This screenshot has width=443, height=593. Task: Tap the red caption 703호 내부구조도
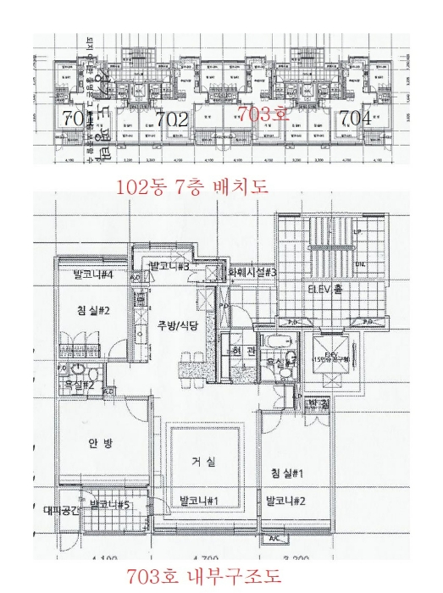pyautogui.click(x=204, y=578)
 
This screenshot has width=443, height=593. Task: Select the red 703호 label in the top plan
pyautogui.click(x=263, y=114)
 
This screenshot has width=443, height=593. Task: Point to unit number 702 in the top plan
pyautogui.click(x=172, y=119)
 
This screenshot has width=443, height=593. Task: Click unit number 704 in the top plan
pyautogui.click(x=355, y=119)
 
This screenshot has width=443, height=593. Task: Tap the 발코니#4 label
pyautogui.click(x=93, y=274)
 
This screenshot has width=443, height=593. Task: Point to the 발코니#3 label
pyautogui.click(x=168, y=268)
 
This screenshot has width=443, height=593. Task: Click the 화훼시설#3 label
pyautogui.click(x=253, y=273)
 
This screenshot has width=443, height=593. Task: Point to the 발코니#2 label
pyautogui.click(x=285, y=502)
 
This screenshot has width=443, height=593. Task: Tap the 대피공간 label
pyautogui.click(x=61, y=511)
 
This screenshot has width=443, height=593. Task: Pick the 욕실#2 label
pyautogui.click(x=79, y=385)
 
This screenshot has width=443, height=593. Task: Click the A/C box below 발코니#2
pyautogui.click(x=274, y=538)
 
